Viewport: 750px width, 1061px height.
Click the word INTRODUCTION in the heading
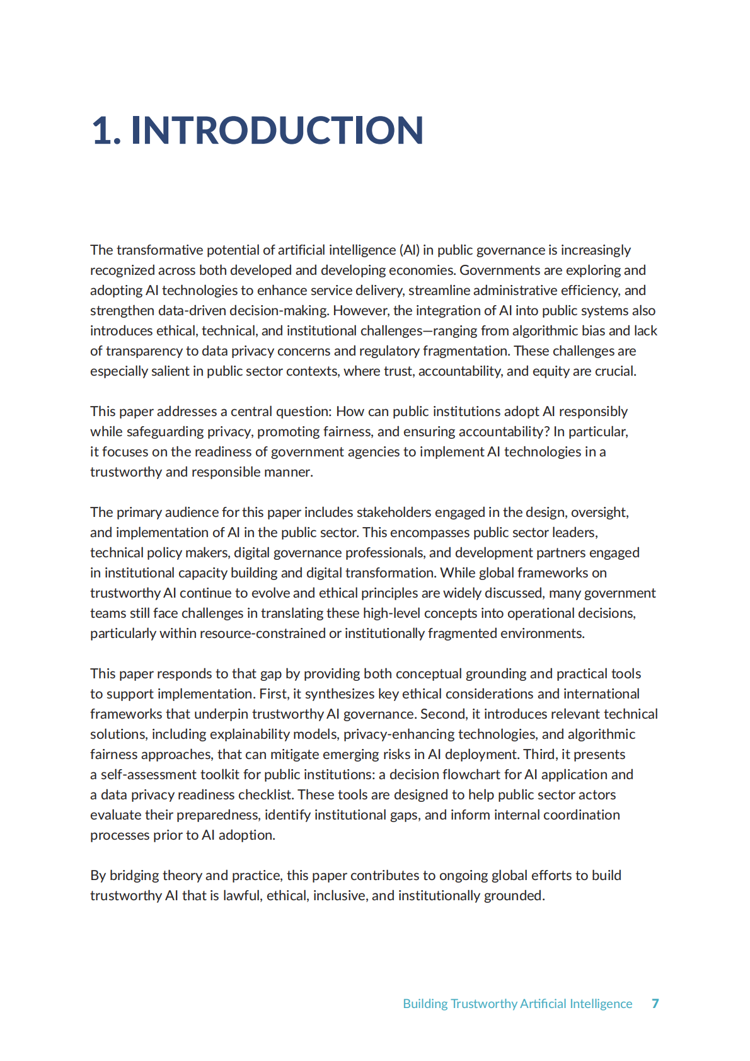tap(277, 130)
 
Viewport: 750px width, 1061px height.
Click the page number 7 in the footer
tap(655, 1003)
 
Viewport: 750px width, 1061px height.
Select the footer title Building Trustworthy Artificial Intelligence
tap(517, 1003)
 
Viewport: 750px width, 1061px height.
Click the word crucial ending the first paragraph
tap(615, 371)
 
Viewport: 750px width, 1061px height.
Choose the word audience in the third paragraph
tap(191, 513)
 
